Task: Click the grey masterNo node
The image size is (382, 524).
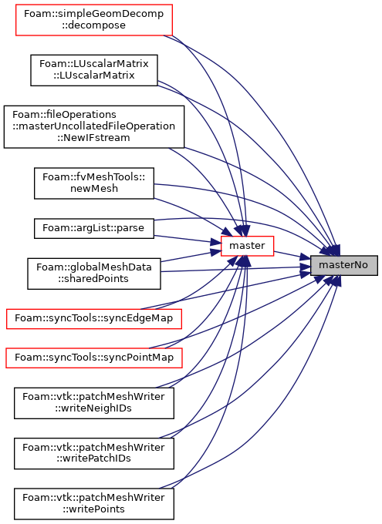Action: (x=344, y=265)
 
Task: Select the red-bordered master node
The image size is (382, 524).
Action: (x=247, y=246)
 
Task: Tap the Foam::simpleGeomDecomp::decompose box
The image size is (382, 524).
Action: (x=93, y=20)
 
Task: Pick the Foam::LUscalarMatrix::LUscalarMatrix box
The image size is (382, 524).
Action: (x=93, y=70)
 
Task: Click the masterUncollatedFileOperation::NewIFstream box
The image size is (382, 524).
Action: (x=93, y=126)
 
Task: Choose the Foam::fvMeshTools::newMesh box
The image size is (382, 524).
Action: (x=93, y=183)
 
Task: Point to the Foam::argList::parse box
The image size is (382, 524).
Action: (x=93, y=229)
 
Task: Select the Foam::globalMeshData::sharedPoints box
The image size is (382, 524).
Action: (x=93, y=274)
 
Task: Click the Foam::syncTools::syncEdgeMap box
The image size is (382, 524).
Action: (x=93, y=319)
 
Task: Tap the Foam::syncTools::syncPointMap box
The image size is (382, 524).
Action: (x=93, y=358)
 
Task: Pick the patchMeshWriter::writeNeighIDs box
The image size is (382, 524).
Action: (x=93, y=403)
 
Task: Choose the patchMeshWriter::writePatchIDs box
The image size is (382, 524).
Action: (x=93, y=453)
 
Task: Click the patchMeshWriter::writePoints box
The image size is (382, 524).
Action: (x=93, y=504)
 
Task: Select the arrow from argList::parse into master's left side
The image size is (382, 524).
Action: (x=188, y=239)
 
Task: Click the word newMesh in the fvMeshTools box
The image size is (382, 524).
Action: (x=94, y=189)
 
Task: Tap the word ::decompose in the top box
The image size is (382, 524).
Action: (x=93, y=25)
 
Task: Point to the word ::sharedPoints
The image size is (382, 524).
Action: (x=93, y=279)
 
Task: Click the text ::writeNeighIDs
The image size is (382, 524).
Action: (x=93, y=408)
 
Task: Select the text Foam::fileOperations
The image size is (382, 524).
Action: (x=64, y=115)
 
